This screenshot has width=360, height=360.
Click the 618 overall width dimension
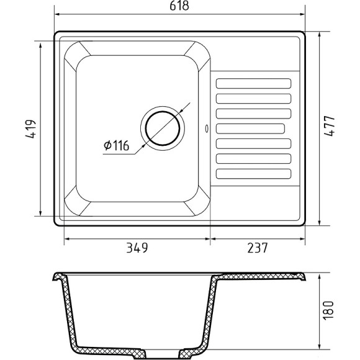point(179,6)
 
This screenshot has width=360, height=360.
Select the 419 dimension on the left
point(31,129)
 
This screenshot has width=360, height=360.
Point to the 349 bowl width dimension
point(137,248)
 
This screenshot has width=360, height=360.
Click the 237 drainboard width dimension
point(258,248)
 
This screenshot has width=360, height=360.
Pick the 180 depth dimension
point(328,310)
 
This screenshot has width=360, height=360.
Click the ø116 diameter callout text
point(117,146)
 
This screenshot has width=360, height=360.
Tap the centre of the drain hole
point(163,128)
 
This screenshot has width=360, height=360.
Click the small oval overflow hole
point(207,129)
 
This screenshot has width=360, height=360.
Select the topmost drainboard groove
point(253,84)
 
